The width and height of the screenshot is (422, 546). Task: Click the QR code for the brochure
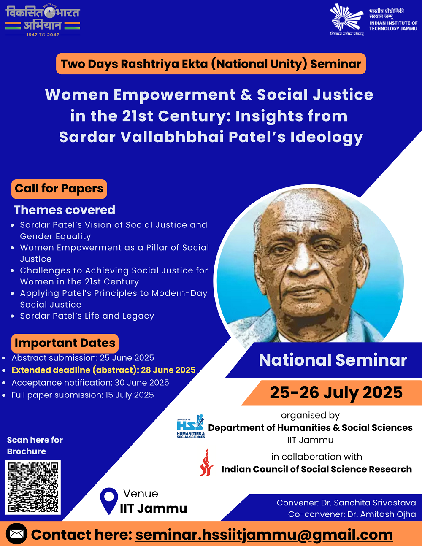[33, 487]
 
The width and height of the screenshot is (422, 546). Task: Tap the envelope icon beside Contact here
[16, 533]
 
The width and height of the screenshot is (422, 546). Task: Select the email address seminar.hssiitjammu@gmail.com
[264, 535]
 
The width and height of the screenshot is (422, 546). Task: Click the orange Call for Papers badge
[59, 189]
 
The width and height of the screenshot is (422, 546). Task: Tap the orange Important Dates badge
[65, 343]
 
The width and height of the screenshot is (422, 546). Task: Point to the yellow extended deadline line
[103, 370]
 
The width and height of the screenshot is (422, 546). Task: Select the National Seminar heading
[333, 360]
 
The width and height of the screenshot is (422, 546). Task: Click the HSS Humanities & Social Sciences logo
[191, 427]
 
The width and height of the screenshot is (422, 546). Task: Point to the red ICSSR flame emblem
[206, 462]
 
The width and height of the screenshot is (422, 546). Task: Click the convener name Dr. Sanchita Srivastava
[368, 503]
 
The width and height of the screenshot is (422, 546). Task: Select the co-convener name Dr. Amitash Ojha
[381, 514]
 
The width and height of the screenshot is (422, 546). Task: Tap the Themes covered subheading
[65, 210]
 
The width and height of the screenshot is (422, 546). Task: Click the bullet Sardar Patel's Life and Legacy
[87, 316]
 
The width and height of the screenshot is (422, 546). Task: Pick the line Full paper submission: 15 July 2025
[83, 395]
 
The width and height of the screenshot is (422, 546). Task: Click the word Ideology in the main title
[327, 138]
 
